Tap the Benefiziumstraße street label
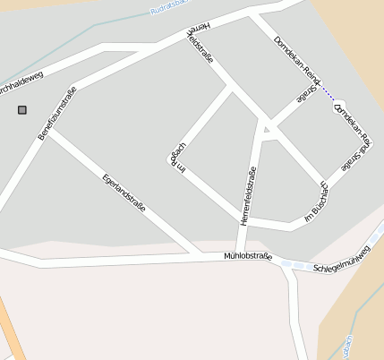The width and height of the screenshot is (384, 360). [57, 113]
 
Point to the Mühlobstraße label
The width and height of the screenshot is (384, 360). [247, 256]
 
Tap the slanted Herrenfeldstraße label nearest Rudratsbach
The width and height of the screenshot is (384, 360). [202, 43]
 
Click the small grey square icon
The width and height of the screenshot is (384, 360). [22, 110]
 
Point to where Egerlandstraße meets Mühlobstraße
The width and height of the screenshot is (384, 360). [198, 255]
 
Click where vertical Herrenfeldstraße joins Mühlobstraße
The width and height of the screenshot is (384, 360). [240, 256]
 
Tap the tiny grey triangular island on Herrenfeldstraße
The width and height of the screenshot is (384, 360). [266, 131]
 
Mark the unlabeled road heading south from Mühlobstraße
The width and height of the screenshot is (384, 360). [296, 313]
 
